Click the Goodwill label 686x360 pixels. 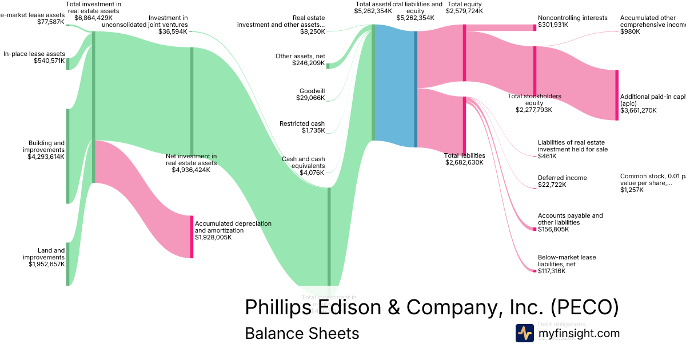point(312,91)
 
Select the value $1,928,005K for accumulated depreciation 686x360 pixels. point(213,237)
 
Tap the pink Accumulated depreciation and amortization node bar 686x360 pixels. point(192,237)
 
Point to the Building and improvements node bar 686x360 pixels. point(67,156)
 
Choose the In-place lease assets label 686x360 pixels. point(34,54)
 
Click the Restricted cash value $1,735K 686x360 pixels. point(313,131)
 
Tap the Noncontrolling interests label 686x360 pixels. point(572,18)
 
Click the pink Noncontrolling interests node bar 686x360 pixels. point(535,27)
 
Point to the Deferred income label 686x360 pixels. point(562,178)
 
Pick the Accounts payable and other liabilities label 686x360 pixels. point(570,219)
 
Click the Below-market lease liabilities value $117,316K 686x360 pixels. point(552,271)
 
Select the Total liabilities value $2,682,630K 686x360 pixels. point(464,162)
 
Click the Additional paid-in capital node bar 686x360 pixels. point(617,95)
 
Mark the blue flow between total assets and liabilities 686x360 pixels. point(394,86)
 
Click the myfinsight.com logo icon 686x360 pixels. point(524,333)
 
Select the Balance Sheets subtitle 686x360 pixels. point(302,333)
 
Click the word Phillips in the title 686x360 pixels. point(278,307)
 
